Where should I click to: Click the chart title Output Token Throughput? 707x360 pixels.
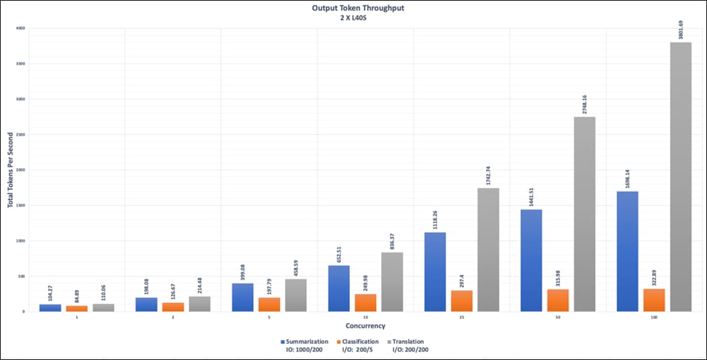pyautogui.click(x=353, y=9)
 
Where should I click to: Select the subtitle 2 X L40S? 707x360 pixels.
pyautogui.click(x=353, y=18)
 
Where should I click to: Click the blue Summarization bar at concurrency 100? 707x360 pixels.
pyautogui.click(x=627, y=251)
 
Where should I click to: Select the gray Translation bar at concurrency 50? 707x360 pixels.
pyautogui.click(x=584, y=214)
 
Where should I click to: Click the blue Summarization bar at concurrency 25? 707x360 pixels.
pyautogui.click(x=434, y=272)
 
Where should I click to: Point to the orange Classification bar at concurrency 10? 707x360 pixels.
pyautogui.click(x=365, y=303)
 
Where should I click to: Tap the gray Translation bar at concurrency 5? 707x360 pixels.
pyautogui.click(x=295, y=296)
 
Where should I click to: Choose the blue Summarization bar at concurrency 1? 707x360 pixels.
pyautogui.click(x=50, y=308)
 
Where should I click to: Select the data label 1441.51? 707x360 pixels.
pyautogui.click(x=530, y=195)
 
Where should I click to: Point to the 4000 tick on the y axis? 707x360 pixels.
pyautogui.click(x=19, y=28)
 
